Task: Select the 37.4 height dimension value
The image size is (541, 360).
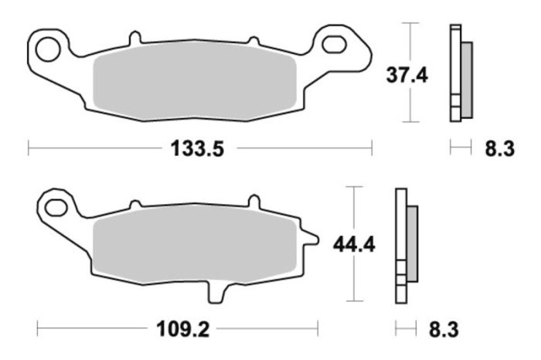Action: [x=407, y=75]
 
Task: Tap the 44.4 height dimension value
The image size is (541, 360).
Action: [x=353, y=245]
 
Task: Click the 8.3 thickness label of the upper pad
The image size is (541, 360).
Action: [x=499, y=149]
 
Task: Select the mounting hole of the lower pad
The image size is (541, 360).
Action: [x=56, y=206]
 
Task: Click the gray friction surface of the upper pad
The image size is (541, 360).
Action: [x=193, y=87]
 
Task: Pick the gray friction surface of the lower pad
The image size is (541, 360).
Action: [x=193, y=245]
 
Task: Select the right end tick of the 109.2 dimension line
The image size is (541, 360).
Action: [x=318, y=329]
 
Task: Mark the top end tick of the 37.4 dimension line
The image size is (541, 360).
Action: [x=409, y=23]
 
